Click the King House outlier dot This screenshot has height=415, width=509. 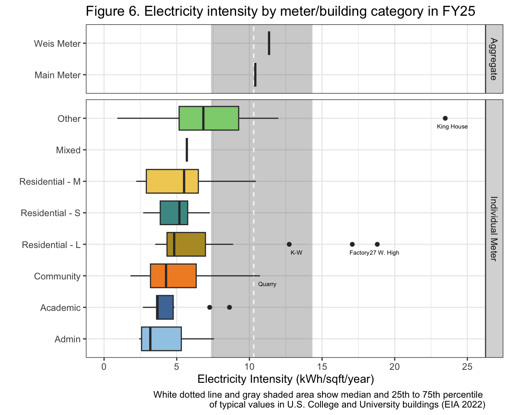pyautogui.click(x=445, y=118)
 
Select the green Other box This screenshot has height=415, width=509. pyautogui.click(x=209, y=118)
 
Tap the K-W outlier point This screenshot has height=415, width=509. pyautogui.click(x=289, y=244)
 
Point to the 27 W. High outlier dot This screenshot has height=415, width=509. pyautogui.click(x=377, y=244)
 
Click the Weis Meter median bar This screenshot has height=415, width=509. pyautogui.click(x=269, y=43)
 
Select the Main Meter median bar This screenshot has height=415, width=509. pyautogui.click(x=255, y=75)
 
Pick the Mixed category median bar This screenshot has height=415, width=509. pyautogui.click(x=187, y=150)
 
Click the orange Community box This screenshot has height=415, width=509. pyautogui.click(x=173, y=276)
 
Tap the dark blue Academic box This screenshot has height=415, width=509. pyautogui.click(x=165, y=307)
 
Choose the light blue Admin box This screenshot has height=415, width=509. pyautogui.click(x=161, y=339)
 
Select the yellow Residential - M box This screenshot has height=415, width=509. pyautogui.click(x=172, y=181)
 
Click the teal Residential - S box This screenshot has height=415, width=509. pyautogui.click(x=174, y=213)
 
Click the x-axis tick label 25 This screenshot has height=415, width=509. pyautogui.click(x=467, y=366)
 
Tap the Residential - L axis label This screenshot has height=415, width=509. pyautogui.click(x=51, y=245)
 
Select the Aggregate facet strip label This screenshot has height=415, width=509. pyautogui.click(x=494, y=59)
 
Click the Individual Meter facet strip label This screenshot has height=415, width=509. pyautogui.click(x=494, y=229)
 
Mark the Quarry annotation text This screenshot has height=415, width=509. pyautogui.click(x=267, y=284)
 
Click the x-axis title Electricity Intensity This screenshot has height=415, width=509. pyautogui.click(x=286, y=379)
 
